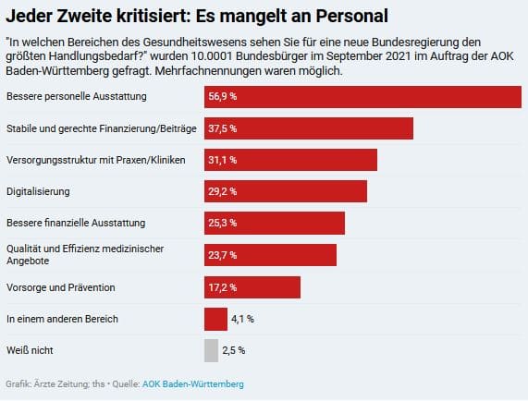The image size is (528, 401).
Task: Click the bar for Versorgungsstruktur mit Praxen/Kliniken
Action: click(290, 160)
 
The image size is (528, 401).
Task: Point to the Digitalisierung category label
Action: click(38, 191)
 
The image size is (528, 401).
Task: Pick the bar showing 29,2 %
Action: click(286, 191)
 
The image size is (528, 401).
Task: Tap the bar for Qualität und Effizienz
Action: click(270, 255)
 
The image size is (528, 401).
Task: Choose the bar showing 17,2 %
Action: click(252, 287)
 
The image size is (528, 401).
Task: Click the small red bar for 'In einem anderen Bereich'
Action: click(215, 319)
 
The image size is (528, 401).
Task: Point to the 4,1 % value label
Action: click(242, 319)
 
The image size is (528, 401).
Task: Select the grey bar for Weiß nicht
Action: click(211, 350)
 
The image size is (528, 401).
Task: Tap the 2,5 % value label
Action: click(234, 351)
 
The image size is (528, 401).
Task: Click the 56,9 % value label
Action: click(223, 97)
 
